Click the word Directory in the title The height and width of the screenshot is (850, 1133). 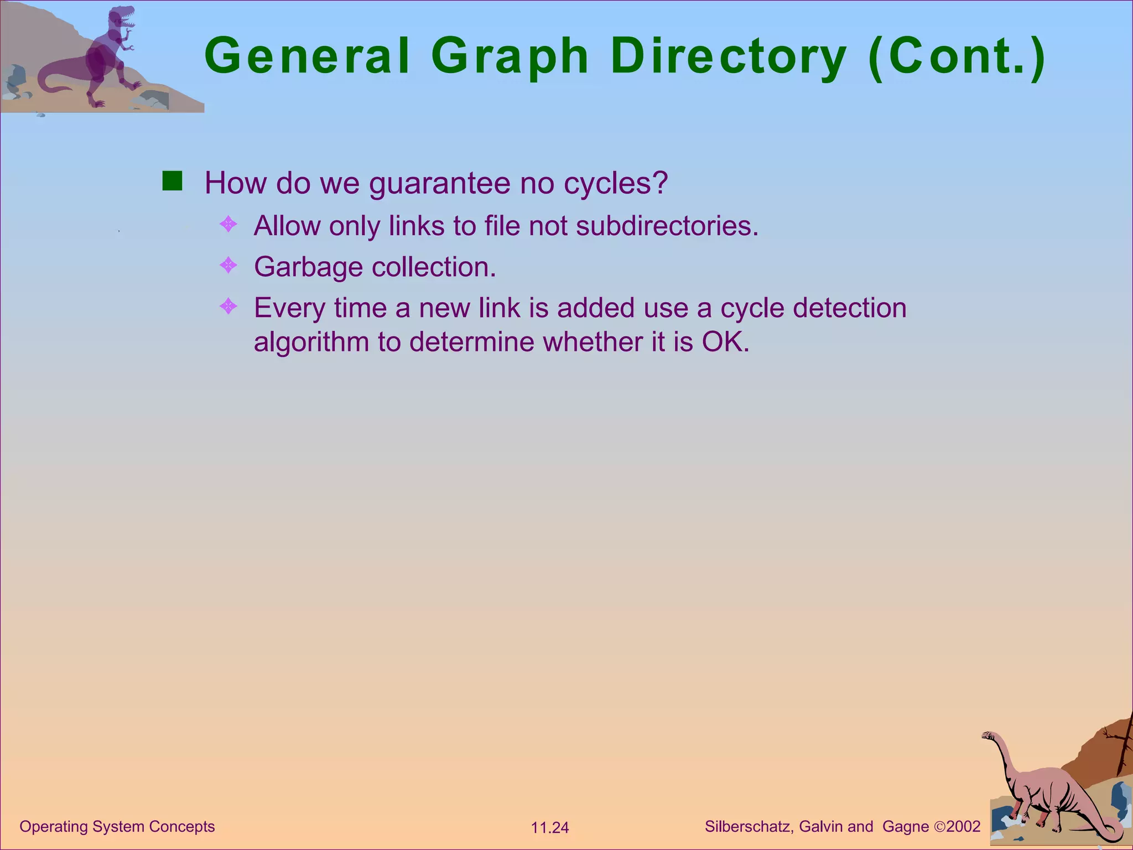point(728,56)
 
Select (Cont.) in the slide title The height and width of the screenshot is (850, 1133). point(957,56)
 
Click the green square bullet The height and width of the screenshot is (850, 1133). point(172,181)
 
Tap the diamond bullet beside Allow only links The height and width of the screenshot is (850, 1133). point(228,224)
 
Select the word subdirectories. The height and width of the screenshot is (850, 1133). point(667,226)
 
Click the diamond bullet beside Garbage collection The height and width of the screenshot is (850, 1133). point(228,265)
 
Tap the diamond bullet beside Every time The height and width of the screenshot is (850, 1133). point(228,305)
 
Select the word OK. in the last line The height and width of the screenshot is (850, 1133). point(725,342)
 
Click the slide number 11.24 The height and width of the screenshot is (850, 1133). point(549,828)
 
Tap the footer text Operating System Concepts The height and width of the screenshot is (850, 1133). point(117,826)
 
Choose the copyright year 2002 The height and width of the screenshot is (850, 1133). point(963,826)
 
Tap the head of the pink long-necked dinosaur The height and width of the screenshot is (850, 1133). point(989,735)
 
